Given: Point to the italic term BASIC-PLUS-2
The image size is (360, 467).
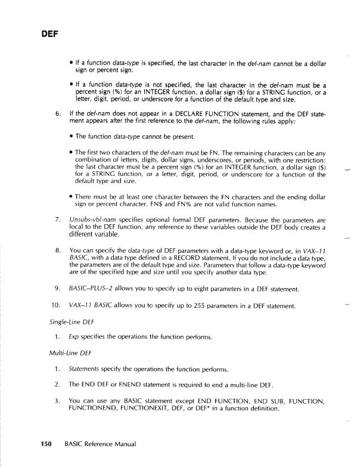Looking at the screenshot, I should (x=89, y=290).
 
